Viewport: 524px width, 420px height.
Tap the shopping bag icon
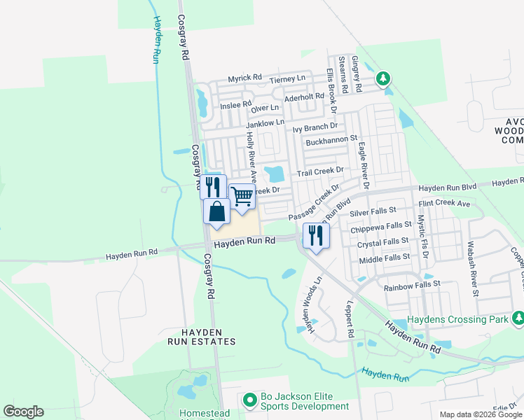click(216, 211)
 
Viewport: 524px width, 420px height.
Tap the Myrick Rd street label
click(244, 78)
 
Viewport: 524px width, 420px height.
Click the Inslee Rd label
click(235, 105)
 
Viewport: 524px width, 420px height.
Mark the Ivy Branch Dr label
click(315, 127)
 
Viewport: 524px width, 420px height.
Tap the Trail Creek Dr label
click(320, 171)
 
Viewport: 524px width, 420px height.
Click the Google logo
click(23, 412)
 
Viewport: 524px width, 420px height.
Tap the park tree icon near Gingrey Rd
click(382, 78)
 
